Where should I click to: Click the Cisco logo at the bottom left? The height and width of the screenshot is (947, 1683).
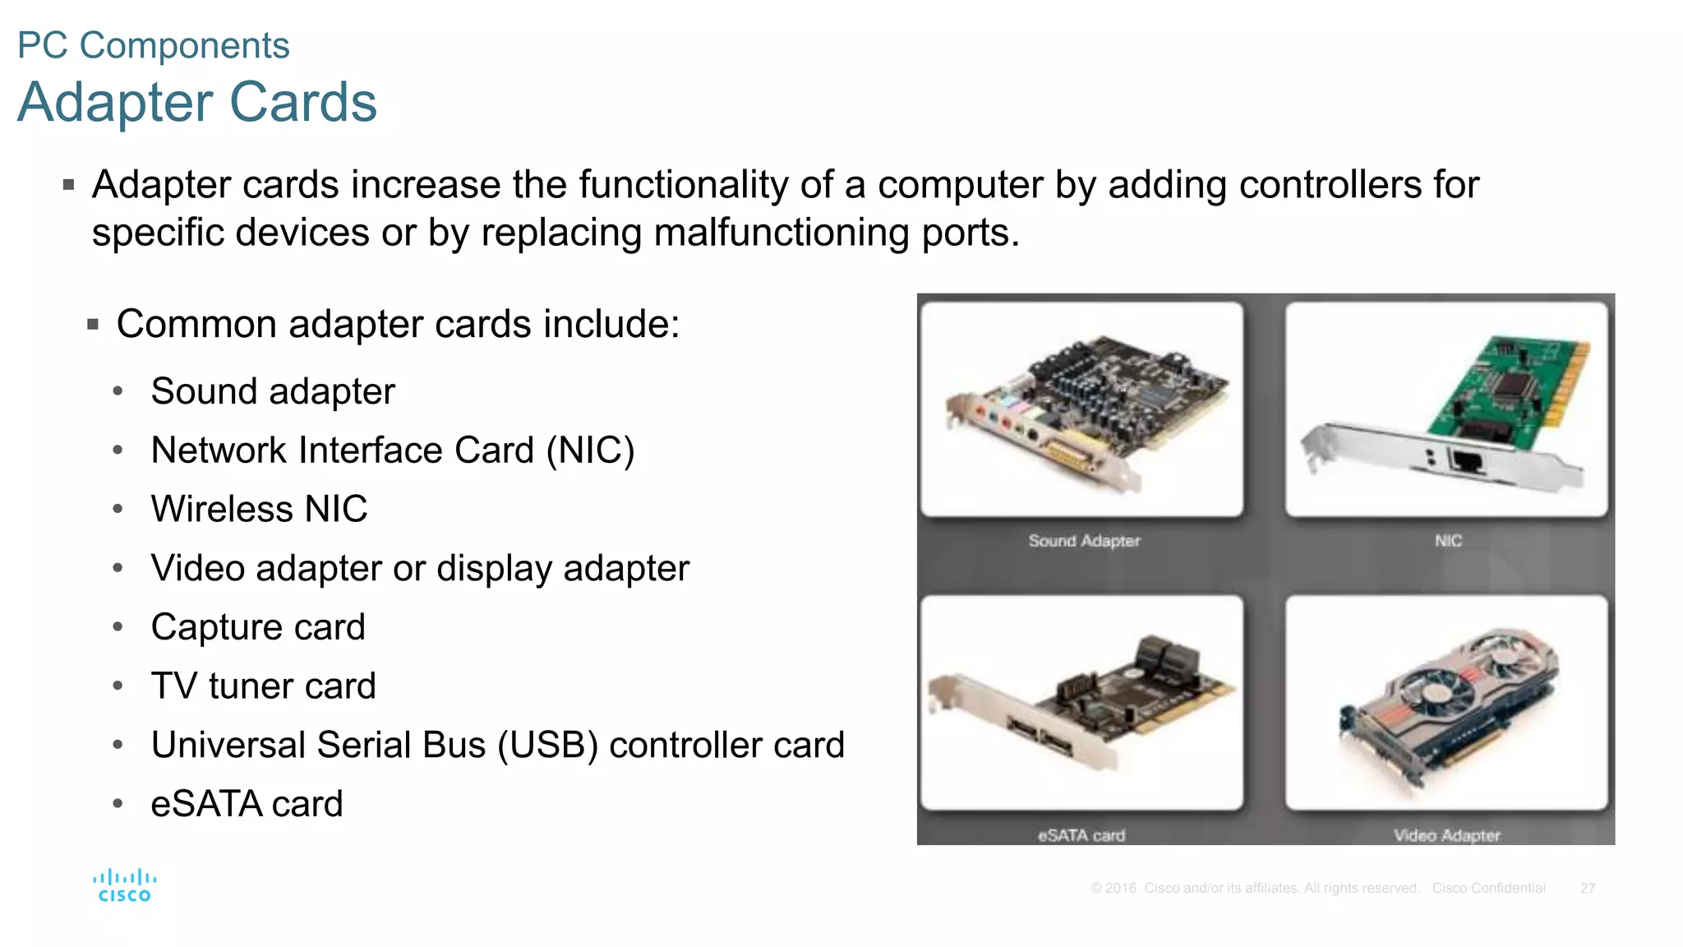124,886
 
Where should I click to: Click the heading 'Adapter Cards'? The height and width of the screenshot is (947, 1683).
197,102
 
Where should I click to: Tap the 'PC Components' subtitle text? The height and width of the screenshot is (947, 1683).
154,45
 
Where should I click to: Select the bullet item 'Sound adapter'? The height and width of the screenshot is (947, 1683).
273,391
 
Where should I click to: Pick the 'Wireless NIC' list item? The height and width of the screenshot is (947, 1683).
259,509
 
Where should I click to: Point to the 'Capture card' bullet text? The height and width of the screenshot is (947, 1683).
258,627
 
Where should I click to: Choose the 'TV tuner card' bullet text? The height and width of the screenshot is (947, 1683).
263,686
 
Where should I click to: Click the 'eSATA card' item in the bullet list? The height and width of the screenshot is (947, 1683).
247,804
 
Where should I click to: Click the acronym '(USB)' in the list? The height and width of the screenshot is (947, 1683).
547,746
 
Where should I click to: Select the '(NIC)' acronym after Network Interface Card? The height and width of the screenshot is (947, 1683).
591,450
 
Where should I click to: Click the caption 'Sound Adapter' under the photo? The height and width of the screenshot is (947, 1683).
1084,541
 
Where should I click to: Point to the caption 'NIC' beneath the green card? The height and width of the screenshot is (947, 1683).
1448,541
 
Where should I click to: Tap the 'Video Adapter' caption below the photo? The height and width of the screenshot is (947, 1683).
1446,835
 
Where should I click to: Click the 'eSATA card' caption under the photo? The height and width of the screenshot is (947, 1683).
1081,835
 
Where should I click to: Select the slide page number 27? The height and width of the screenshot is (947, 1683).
1587,889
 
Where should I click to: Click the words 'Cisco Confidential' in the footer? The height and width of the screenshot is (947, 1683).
1488,889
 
